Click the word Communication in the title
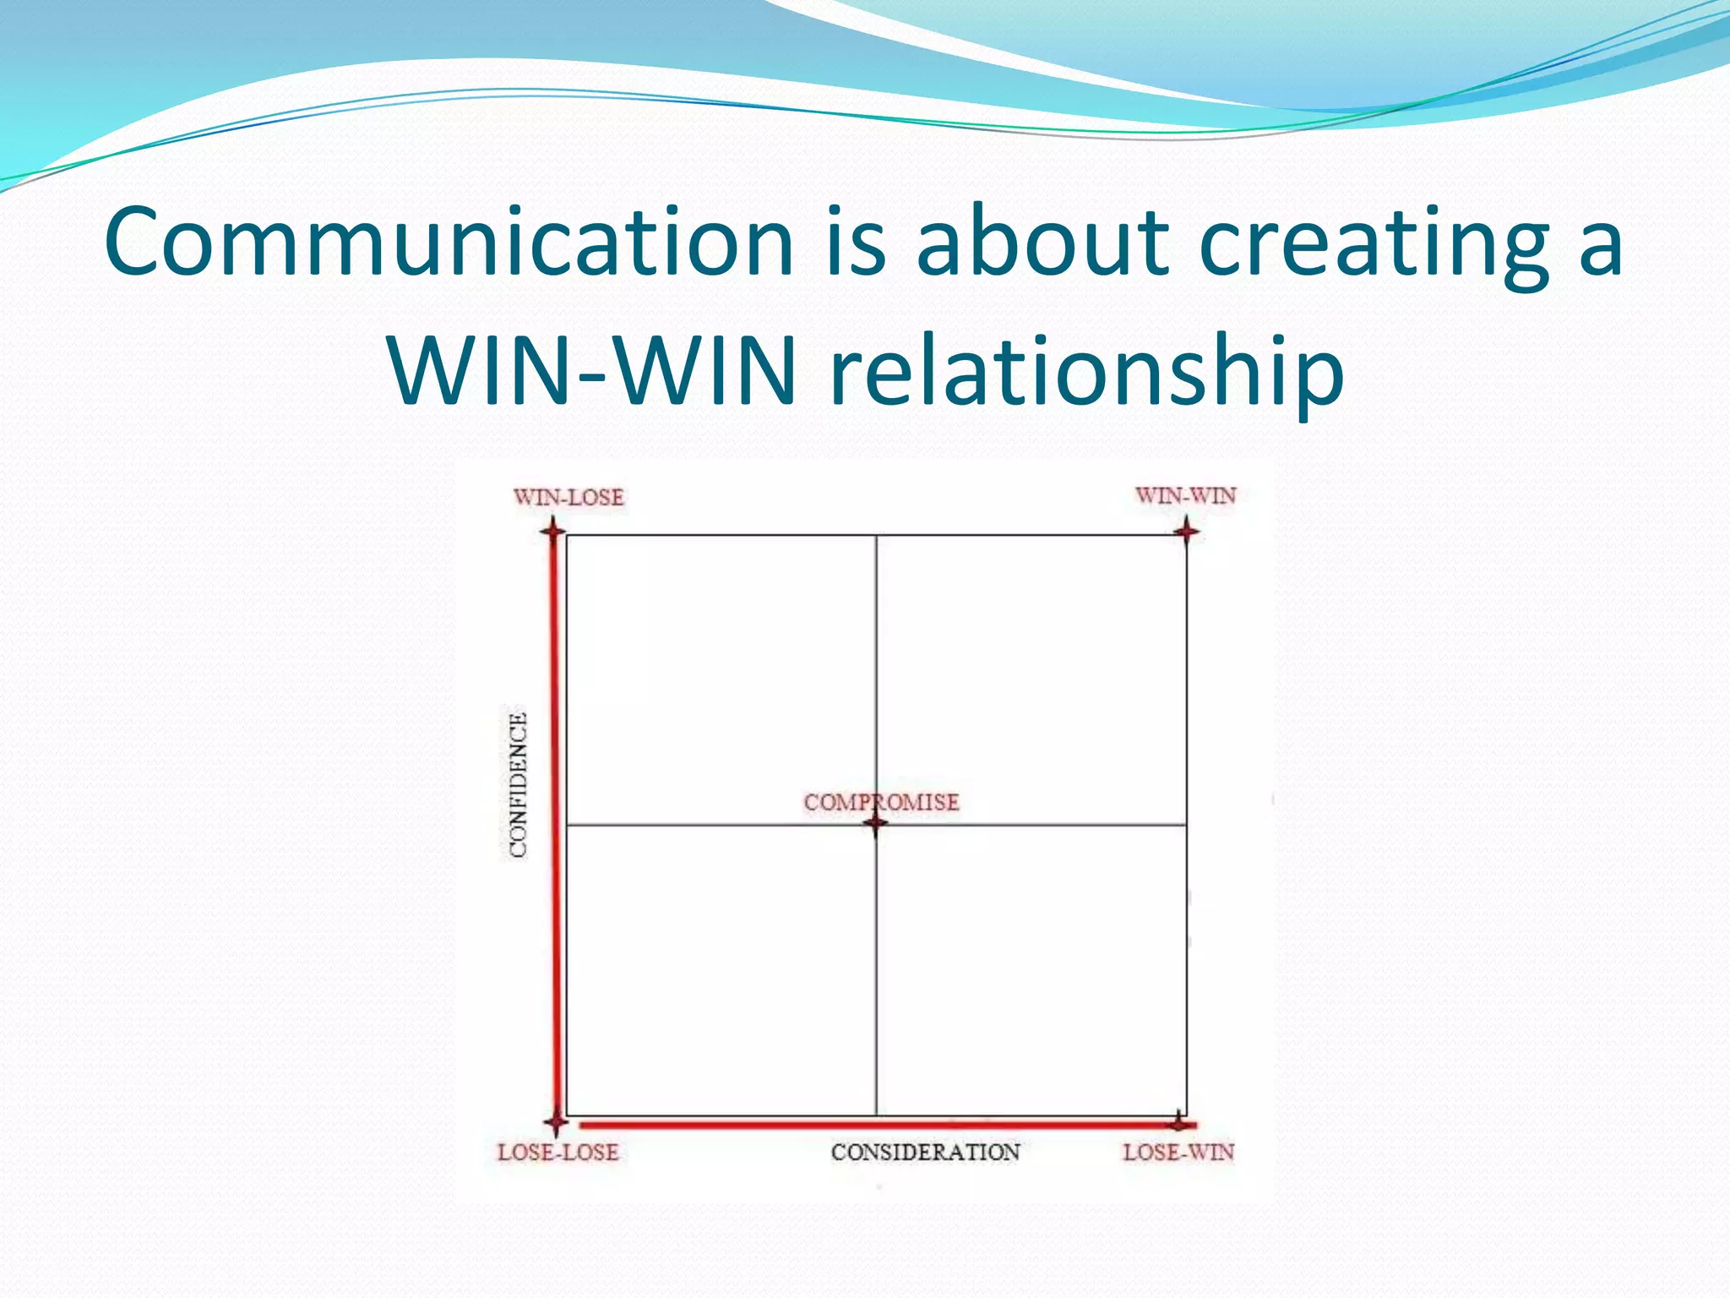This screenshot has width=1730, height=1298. (x=449, y=243)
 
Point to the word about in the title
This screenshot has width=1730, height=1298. (x=1042, y=243)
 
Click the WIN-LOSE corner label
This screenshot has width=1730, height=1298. (x=569, y=497)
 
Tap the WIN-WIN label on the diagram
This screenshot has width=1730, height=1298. (x=1185, y=495)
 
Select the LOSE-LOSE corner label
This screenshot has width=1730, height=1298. (x=558, y=1153)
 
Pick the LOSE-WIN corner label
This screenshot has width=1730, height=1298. (x=1178, y=1153)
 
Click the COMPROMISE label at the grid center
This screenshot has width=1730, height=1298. (x=881, y=802)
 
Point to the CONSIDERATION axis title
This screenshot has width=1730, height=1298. (x=925, y=1153)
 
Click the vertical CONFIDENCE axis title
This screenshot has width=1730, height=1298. (x=518, y=785)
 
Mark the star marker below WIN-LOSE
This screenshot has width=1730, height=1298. (x=553, y=532)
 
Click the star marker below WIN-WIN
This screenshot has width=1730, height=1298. (x=1186, y=532)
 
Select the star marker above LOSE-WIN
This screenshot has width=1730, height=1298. (x=1178, y=1123)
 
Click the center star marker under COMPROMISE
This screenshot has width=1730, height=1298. (x=876, y=824)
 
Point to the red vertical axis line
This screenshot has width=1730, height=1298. (x=555, y=828)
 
